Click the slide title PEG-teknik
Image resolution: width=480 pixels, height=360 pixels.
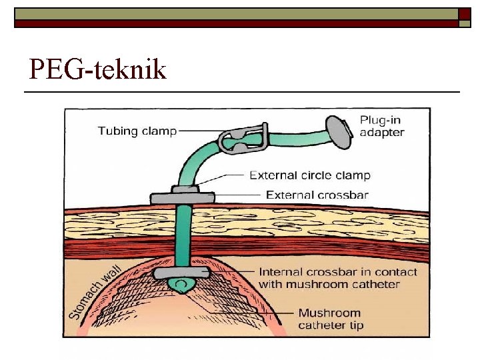(98, 69)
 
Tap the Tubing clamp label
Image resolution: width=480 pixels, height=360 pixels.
(137, 131)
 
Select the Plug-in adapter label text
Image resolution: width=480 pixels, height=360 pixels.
(382, 126)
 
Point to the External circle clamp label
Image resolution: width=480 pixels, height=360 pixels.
(310, 176)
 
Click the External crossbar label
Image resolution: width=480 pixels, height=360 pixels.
(317, 195)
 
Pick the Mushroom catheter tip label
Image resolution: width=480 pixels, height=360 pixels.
(329, 319)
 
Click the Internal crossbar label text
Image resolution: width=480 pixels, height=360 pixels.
(337, 278)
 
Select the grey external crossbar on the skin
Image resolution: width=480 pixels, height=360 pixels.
(182, 198)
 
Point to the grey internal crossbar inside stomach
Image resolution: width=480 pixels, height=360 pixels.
(182, 273)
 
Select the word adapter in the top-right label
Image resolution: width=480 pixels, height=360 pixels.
(382, 132)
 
